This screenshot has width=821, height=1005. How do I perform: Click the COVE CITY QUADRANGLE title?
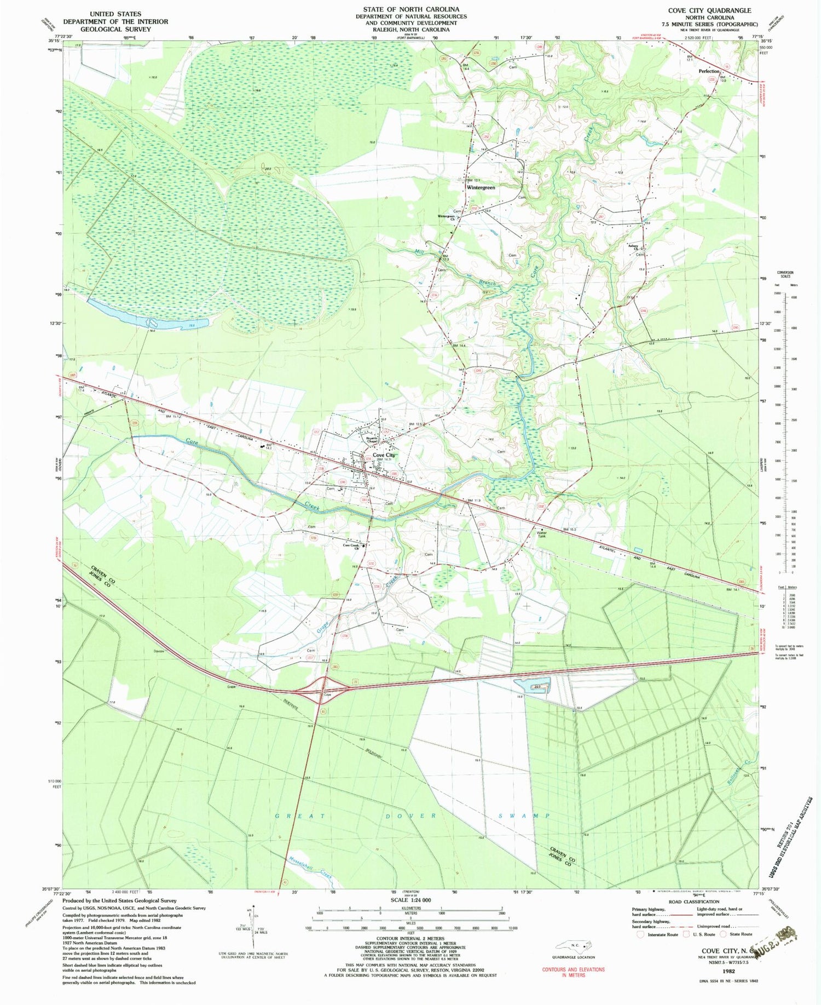click(709, 10)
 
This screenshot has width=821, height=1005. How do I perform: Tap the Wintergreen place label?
click(481, 187)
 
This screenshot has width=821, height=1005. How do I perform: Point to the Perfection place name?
click(709, 72)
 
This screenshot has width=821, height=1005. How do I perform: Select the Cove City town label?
click(384, 455)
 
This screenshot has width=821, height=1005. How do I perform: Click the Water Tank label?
click(542, 534)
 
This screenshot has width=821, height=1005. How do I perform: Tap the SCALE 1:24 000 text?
click(410, 900)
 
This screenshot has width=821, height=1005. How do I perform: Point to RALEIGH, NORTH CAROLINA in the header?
click(410, 30)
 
